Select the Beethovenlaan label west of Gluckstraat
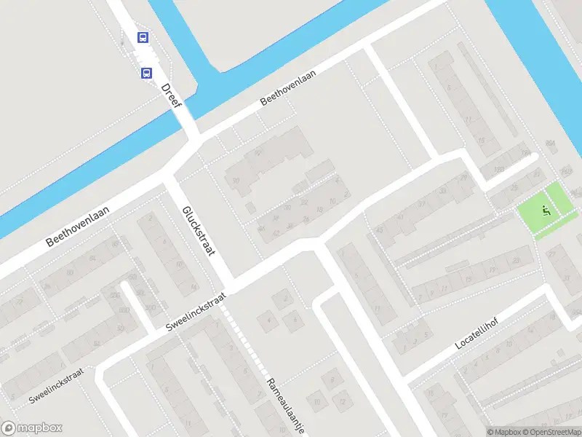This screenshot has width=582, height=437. [x=77, y=226]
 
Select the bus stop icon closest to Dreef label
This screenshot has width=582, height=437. [x=146, y=73]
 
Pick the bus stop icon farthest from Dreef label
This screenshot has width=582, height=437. [x=143, y=38]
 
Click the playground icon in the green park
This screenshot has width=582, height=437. [x=546, y=211]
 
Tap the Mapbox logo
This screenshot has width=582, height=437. [x=32, y=428]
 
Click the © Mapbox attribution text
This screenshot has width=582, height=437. [x=503, y=432]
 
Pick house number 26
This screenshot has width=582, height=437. [x=306, y=219]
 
